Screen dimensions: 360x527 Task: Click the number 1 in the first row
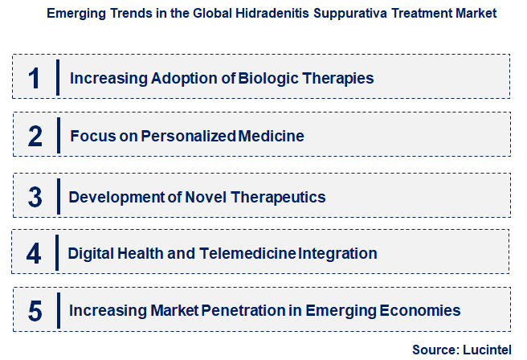pyautogui.click(x=34, y=78)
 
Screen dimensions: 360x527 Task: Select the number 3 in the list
pyautogui.click(x=35, y=196)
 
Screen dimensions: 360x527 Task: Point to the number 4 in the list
pyautogui.click(x=34, y=254)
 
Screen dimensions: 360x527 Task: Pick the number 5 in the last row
pyautogui.click(x=35, y=310)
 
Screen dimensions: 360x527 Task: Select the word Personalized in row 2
pyautogui.click(x=189, y=136)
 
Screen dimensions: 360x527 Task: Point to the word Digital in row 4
pyautogui.click(x=90, y=254)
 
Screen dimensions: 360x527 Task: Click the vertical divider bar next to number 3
pyautogui.click(x=59, y=196)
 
